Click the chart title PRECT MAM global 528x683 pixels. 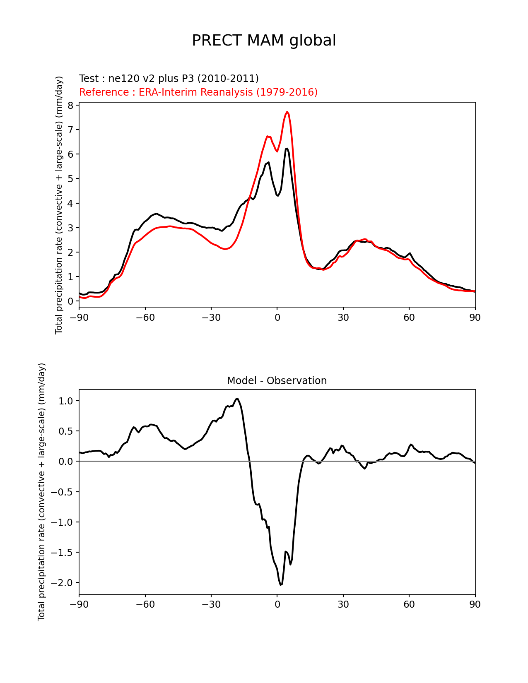click(x=264, y=41)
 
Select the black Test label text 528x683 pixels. click(x=169, y=79)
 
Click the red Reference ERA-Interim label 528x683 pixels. click(x=198, y=92)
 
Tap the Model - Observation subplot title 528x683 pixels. click(x=277, y=381)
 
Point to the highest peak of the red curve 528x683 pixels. click(x=287, y=112)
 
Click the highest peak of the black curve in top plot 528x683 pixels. click(x=287, y=148)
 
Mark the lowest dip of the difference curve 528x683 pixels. click(x=281, y=584)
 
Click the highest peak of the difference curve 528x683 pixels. click(x=237, y=399)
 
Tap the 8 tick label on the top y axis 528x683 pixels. click(x=70, y=106)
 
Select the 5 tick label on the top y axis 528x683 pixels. click(x=70, y=179)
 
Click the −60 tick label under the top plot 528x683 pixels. click(x=145, y=317)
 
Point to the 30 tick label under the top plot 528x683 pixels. click(x=343, y=317)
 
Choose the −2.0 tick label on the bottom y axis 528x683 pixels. click(x=62, y=583)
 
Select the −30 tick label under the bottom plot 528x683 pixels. click(x=211, y=605)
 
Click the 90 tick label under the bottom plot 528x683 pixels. click(x=475, y=605)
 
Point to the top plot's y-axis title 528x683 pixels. click(x=59, y=205)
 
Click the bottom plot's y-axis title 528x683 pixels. click(x=41, y=492)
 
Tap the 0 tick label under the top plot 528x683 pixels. click(x=277, y=317)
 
